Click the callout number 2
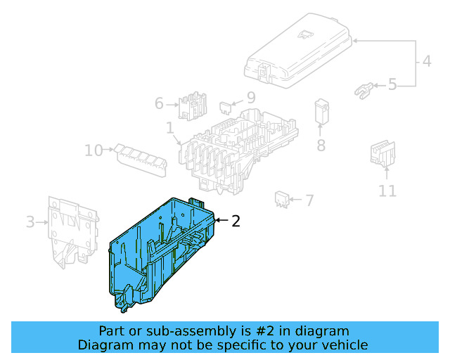tap(236, 221)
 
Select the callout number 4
tap(427, 62)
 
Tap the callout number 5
tap(392, 85)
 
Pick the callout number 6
tap(160, 104)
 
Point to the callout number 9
tap(250, 99)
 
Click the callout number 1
tap(170, 128)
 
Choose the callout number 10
tap(94, 150)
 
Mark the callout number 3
tap(30, 222)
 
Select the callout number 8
tap(321, 146)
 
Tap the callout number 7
tap(309, 201)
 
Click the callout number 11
tap(387, 191)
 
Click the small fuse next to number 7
tap(283, 198)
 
